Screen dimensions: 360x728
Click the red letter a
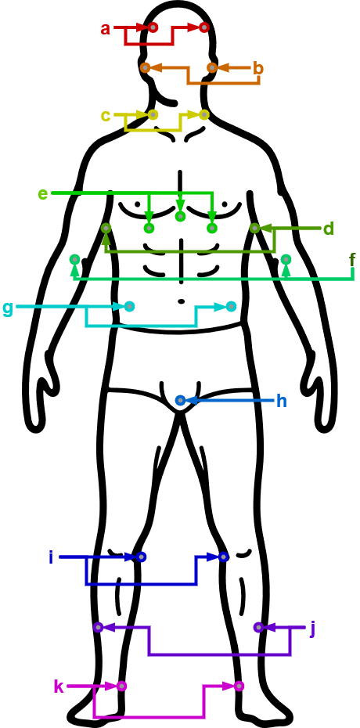(x=106, y=29)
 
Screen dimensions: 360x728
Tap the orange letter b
(x=258, y=69)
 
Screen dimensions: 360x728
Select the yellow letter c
(x=106, y=116)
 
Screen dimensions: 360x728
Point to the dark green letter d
(x=329, y=229)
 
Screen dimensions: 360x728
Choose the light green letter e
(x=43, y=193)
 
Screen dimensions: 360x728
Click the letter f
(x=353, y=261)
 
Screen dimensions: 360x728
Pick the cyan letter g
(x=8, y=308)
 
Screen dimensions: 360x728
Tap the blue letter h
(x=282, y=401)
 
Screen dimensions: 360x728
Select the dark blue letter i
(x=51, y=557)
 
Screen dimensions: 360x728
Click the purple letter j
(x=312, y=629)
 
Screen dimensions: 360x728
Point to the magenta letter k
(x=59, y=687)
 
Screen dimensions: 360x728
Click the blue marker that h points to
(x=181, y=400)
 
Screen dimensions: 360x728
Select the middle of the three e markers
(x=181, y=216)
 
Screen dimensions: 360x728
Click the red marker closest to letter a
(x=153, y=28)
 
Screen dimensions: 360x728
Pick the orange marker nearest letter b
(x=212, y=68)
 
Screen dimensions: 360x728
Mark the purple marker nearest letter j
(x=259, y=627)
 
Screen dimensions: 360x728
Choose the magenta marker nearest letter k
(x=121, y=686)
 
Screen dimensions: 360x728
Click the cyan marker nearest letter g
(x=129, y=306)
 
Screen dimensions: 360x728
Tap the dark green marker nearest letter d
(x=254, y=229)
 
